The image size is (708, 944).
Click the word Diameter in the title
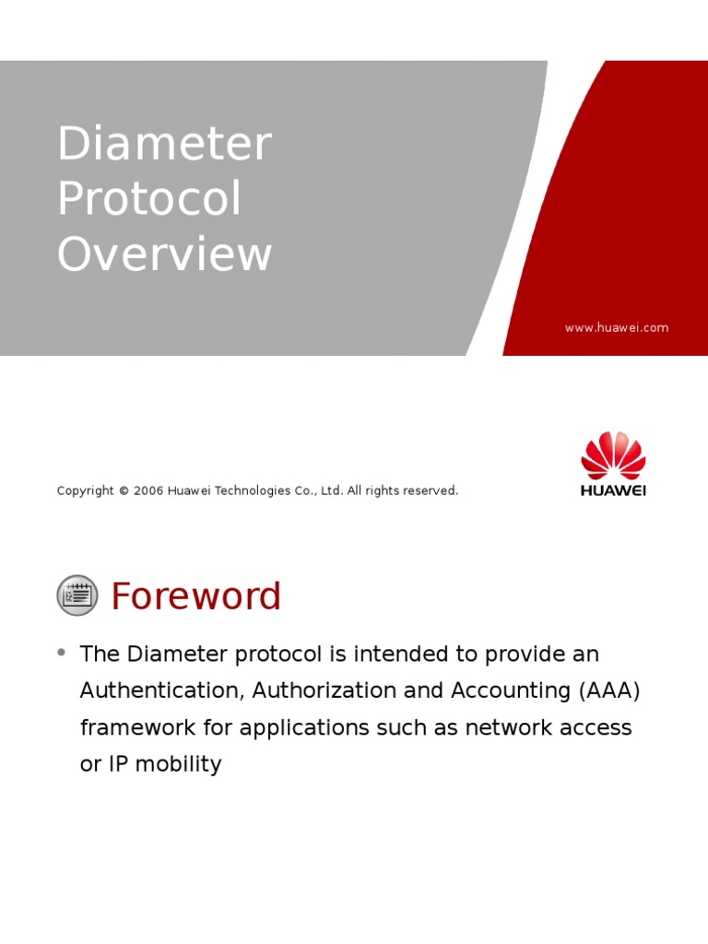coord(164,145)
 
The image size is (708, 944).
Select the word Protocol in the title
coord(149,199)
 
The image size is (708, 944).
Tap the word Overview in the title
coord(164,254)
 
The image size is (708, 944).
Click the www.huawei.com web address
coord(617,327)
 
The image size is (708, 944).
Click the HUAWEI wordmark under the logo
coord(613,490)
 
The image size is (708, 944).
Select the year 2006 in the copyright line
coord(148,491)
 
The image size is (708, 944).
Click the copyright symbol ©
coord(124,491)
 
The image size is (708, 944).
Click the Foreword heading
coord(195,596)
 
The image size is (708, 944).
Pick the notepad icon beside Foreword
coord(77,595)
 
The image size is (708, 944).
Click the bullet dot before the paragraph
coord(62,653)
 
